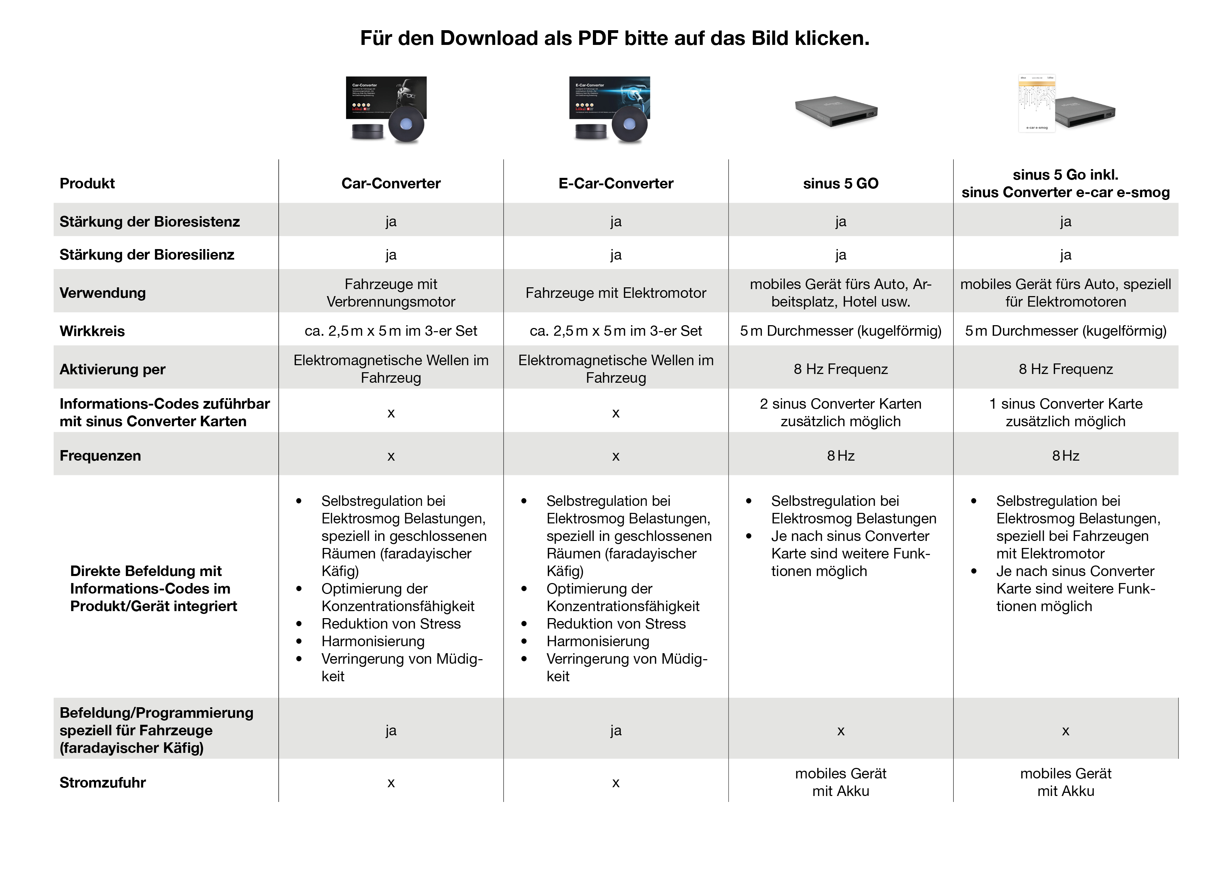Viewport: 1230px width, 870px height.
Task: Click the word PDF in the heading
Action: (597, 38)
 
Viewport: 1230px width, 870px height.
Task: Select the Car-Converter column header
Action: (391, 183)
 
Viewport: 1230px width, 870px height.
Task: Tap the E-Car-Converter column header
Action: (616, 183)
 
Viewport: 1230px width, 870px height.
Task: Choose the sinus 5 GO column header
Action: (840, 183)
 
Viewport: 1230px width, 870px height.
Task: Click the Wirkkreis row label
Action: (92, 331)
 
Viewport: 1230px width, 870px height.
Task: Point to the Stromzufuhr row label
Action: (102, 783)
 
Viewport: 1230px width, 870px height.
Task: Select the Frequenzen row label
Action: (100, 456)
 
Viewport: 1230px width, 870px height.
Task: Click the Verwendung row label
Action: (102, 293)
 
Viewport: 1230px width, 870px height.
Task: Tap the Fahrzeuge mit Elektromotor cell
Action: (616, 293)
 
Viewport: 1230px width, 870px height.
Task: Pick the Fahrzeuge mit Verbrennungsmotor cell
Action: (391, 293)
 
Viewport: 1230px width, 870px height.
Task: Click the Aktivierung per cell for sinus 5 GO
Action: (840, 369)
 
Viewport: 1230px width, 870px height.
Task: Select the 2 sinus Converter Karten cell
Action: (840, 412)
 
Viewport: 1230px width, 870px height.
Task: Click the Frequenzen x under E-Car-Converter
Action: (616, 456)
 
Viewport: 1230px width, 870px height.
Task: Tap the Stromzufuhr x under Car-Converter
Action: (391, 783)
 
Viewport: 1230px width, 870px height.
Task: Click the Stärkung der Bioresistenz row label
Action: (149, 221)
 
